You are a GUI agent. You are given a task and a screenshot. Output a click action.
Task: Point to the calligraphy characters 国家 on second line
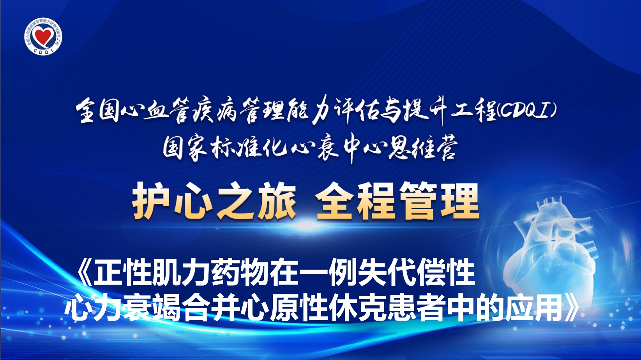pos(185,149)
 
